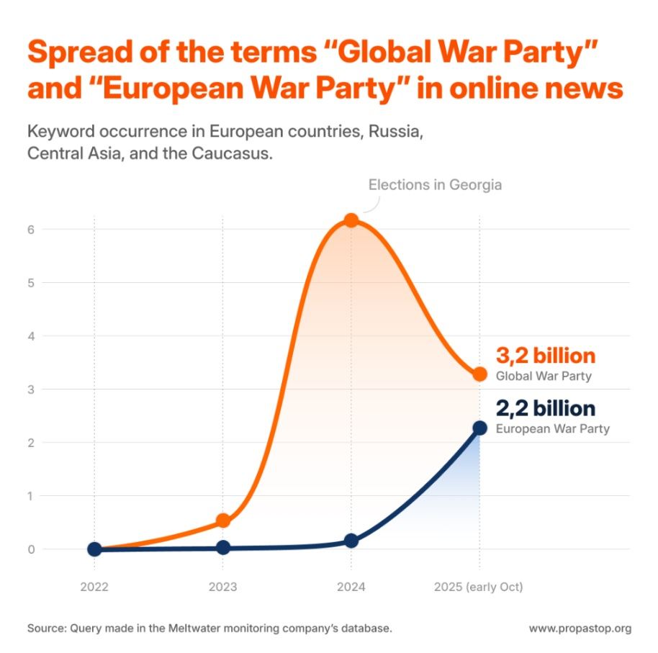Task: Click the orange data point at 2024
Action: click(351, 220)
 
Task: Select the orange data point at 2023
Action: click(223, 521)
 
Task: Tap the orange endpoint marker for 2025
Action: click(479, 374)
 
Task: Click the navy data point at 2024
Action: click(351, 541)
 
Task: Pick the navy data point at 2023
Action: click(223, 548)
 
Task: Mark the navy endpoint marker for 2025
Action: click(479, 428)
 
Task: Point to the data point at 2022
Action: click(94, 549)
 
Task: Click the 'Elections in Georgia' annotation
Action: click(435, 185)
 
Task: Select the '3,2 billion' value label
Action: click(546, 356)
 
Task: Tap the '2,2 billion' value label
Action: click(546, 409)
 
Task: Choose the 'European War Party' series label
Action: click(553, 429)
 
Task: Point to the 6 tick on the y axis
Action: click(31, 229)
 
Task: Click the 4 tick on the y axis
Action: click(31, 335)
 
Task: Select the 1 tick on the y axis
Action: click(31, 495)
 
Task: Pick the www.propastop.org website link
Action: click(580, 629)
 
